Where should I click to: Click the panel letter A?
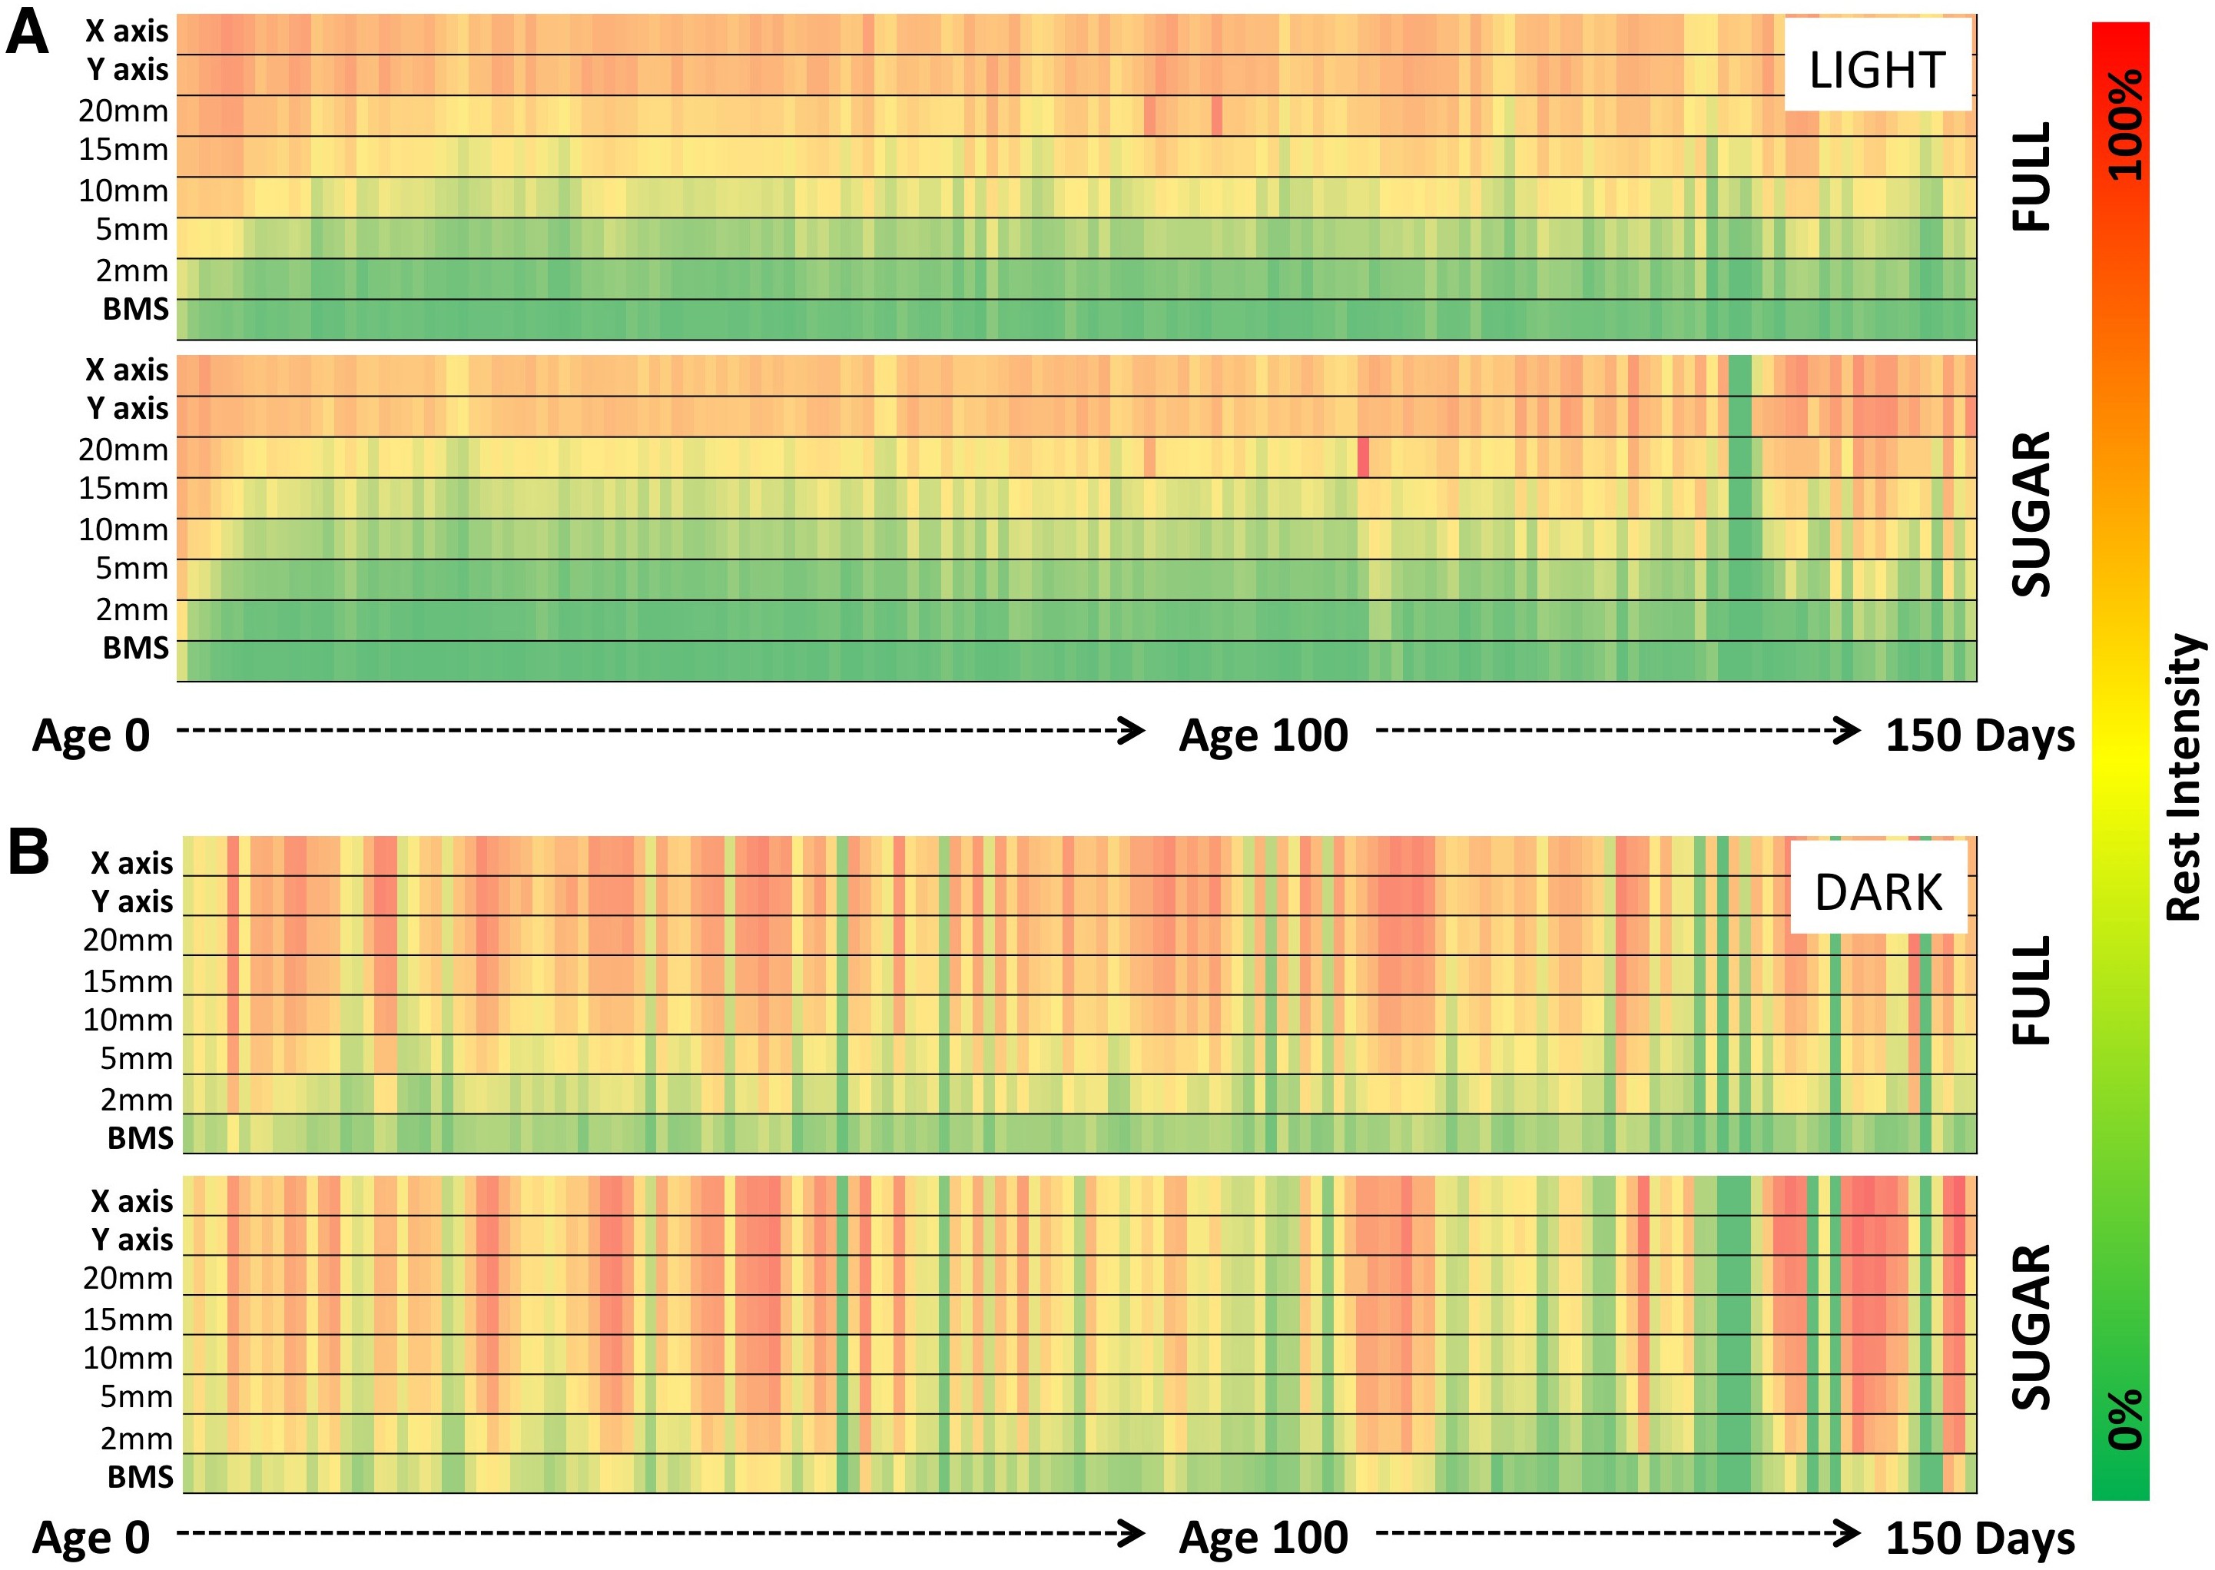coord(27,35)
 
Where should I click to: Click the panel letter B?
coord(29,853)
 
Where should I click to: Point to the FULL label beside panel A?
coord(2032,176)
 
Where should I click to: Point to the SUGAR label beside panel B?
coord(2032,1327)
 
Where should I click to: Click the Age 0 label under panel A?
coord(91,735)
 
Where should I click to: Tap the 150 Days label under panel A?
coord(1979,735)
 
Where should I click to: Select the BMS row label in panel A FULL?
coord(135,310)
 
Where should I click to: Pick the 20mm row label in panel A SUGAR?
coord(124,450)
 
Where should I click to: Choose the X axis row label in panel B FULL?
coord(131,862)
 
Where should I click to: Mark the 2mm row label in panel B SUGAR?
coord(136,1439)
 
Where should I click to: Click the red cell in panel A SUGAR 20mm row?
coord(1363,457)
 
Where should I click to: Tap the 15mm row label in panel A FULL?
coord(124,150)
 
